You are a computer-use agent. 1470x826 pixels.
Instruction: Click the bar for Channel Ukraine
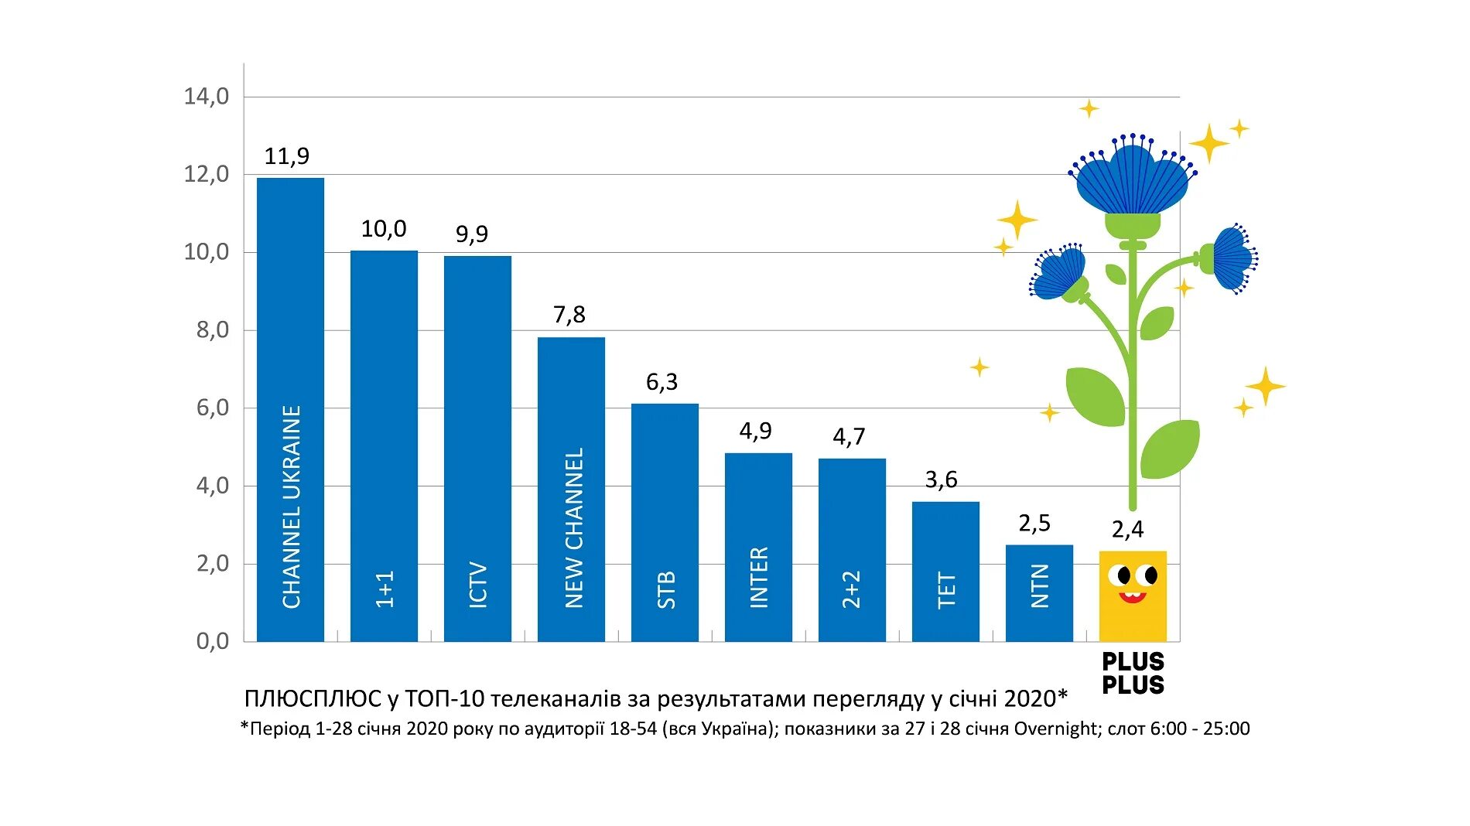[290, 410]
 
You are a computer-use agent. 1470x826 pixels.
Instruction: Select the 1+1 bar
[384, 445]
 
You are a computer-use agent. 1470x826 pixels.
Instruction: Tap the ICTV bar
[477, 449]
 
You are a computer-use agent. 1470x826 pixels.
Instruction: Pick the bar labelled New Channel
[571, 489]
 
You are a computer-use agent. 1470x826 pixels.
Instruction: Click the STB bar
[665, 522]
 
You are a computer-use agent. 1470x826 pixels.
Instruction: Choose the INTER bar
[758, 547]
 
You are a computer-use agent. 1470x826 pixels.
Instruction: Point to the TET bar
[945, 572]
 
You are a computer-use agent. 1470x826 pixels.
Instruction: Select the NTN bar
[1039, 593]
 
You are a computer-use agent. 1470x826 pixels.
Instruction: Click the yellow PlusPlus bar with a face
[1133, 611]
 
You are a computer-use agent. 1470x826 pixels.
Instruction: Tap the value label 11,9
[286, 156]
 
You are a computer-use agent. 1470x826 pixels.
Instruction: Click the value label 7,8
[569, 315]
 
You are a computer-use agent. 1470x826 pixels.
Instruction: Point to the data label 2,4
[1127, 530]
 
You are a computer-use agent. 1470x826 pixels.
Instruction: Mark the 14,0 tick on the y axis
[207, 97]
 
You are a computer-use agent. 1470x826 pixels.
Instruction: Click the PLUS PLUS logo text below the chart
[1133, 674]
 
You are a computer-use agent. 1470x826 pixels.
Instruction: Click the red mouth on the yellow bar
[1132, 597]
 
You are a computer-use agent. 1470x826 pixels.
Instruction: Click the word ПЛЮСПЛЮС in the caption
[313, 699]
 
